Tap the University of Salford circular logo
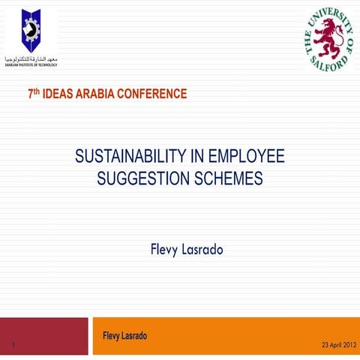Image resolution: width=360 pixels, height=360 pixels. coord(328,40)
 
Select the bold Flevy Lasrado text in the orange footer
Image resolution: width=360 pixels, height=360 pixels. coord(124,336)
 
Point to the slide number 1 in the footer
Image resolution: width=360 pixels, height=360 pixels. coord(14,345)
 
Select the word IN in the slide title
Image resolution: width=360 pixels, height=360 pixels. coord(196,157)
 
